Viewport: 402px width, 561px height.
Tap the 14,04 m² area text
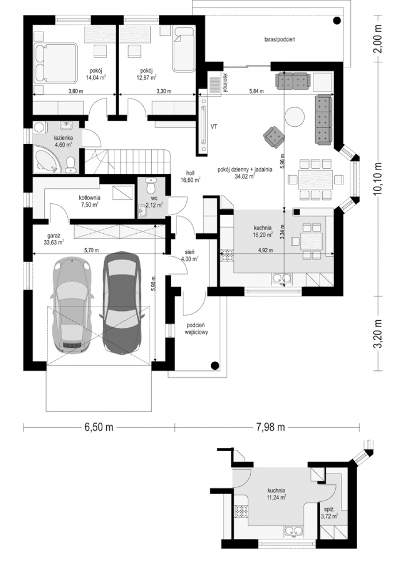point(95,78)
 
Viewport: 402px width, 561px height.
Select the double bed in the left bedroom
point(55,63)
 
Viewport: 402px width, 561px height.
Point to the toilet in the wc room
point(151,186)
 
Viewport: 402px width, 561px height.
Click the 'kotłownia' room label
point(90,198)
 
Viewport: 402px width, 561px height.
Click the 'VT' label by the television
point(213,127)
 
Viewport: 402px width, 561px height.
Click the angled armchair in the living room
point(274,137)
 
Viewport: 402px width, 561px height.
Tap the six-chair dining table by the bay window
point(316,179)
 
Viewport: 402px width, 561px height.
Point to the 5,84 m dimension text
point(256,91)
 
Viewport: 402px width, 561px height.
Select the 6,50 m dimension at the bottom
point(99,427)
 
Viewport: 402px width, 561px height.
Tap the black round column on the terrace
point(337,21)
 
